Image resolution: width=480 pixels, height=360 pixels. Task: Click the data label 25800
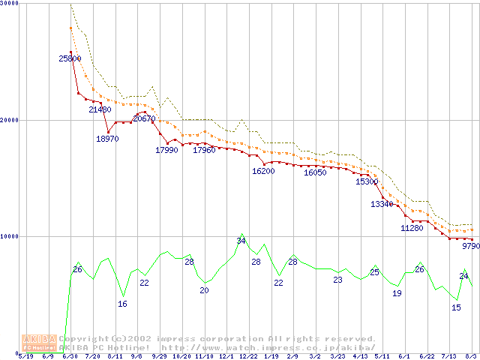click(x=70, y=58)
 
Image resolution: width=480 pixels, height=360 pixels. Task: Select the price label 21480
click(x=100, y=110)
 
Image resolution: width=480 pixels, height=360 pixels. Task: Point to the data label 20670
click(x=144, y=118)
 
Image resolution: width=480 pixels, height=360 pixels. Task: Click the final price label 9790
click(x=471, y=245)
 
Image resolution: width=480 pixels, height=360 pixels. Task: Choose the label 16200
click(x=263, y=171)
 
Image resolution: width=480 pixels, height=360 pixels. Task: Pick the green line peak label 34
click(x=241, y=241)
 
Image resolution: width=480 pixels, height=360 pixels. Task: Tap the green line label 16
click(x=122, y=304)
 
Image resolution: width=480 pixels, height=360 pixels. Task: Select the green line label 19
click(x=397, y=293)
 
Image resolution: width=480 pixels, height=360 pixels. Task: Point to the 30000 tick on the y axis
click(x=10, y=4)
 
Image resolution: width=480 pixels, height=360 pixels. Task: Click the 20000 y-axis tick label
click(x=10, y=120)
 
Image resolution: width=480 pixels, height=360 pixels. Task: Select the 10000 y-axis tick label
click(x=10, y=236)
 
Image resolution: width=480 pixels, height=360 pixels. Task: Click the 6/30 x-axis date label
click(x=70, y=356)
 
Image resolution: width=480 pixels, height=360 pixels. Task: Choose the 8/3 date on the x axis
click(x=471, y=356)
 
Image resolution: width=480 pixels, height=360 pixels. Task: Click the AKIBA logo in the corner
click(x=39, y=343)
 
